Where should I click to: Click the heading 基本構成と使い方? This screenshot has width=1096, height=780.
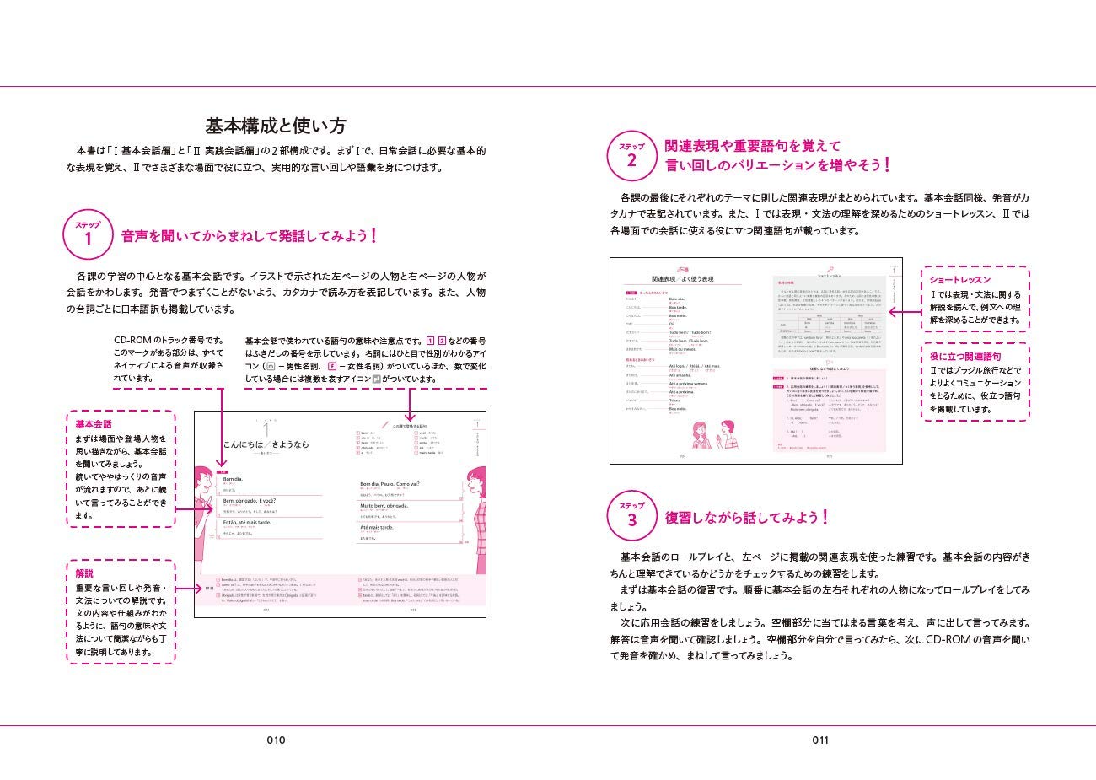[x=276, y=126]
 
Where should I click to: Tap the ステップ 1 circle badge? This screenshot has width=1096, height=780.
[x=88, y=235]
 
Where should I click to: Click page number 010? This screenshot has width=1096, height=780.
[x=276, y=740]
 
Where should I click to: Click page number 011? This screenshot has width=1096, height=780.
[x=820, y=740]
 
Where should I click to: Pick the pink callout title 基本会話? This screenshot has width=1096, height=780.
[x=94, y=424]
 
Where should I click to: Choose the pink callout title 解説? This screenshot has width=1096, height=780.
[x=84, y=573]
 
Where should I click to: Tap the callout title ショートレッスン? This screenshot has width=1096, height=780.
[x=959, y=279]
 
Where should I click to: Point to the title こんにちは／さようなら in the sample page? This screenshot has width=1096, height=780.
[x=266, y=444]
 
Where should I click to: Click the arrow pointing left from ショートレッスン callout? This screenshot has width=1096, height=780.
[x=904, y=312]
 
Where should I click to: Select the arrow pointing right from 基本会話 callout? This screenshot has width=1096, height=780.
[x=194, y=508]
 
